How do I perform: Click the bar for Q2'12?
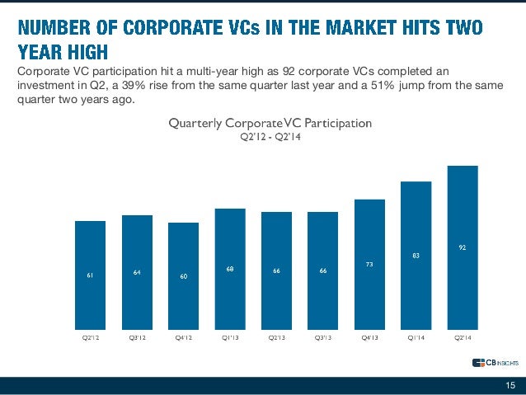click(x=90, y=275)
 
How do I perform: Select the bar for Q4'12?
click(x=183, y=276)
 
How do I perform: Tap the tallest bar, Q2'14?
click(x=463, y=247)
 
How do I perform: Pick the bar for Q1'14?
click(x=416, y=256)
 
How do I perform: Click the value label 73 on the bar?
click(x=369, y=264)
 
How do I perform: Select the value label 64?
click(x=137, y=272)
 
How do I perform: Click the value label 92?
click(x=463, y=246)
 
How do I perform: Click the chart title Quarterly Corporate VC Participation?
click(x=270, y=123)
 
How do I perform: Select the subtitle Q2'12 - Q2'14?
click(x=270, y=137)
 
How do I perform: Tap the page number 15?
click(x=510, y=385)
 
